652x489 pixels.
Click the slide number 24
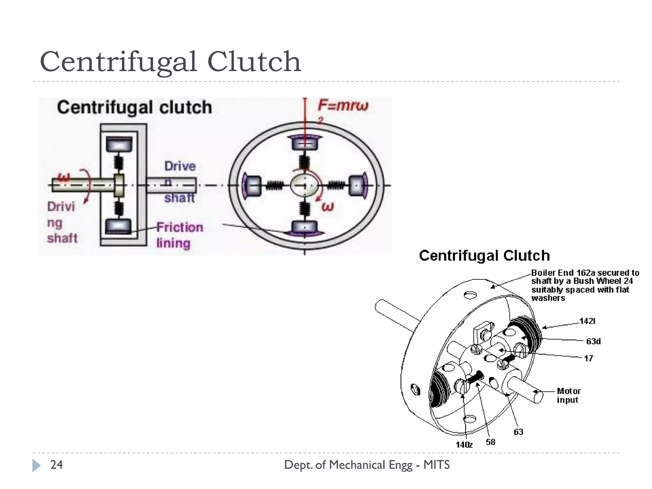pyautogui.click(x=56, y=465)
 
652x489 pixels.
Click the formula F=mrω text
pyautogui.click(x=343, y=106)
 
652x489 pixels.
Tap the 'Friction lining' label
pyautogui.click(x=179, y=235)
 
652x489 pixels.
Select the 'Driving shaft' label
pyautogui.click(x=62, y=222)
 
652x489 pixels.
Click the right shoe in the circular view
pyautogui.click(x=357, y=185)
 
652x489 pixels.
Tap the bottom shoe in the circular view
pyautogui.click(x=305, y=228)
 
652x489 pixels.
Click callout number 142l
pyautogui.click(x=587, y=321)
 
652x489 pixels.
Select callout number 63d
pyautogui.click(x=593, y=341)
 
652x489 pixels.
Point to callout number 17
pyautogui.click(x=588, y=358)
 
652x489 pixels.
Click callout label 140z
pyautogui.click(x=464, y=445)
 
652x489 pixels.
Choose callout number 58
pyautogui.click(x=490, y=442)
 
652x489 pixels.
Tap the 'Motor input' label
pyautogui.click(x=568, y=395)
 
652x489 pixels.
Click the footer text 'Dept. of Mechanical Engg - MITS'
pyautogui.click(x=367, y=465)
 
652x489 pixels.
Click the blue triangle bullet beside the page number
pyautogui.click(x=36, y=465)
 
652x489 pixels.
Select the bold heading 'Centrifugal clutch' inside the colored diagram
pyautogui.click(x=134, y=107)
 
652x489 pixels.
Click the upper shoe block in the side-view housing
pyautogui.click(x=119, y=145)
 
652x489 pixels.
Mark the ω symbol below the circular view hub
pyautogui.click(x=328, y=207)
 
